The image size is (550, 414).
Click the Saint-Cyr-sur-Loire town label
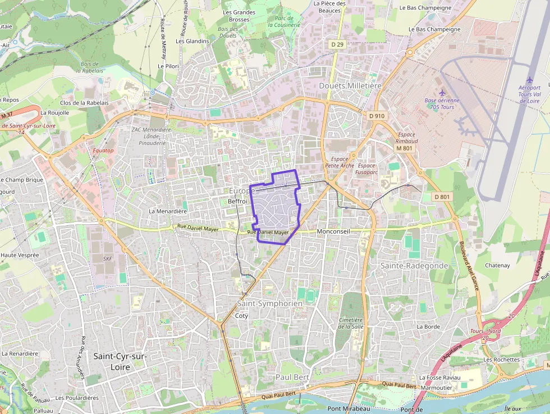pyautogui.click(x=120, y=361)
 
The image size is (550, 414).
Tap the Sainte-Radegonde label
pyautogui.click(x=414, y=265)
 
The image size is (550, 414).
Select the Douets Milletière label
pyautogui.click(x=350, y=85)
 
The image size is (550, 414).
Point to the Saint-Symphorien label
pyautogui.click(x=270, y=303)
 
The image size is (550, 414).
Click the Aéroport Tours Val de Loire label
pyautogui.click(x=529, y=94)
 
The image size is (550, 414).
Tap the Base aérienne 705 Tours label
pyautogui.click(x=442, y=103)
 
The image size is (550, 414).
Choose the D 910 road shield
pyautogui.click(x=377, y=116)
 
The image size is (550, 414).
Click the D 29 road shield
pyautogui.click(x=337, y=44)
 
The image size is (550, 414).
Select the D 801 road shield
pyautogui.click(x=442, y=197)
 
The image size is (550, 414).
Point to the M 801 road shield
pyautogui.click(x=404, y=148)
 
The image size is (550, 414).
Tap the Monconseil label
pyautogui.click(x=333, y=231)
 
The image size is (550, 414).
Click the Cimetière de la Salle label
pyautogui.click(x=351, y=323)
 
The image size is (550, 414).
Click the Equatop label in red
pyautogui.click(x=103, y=151)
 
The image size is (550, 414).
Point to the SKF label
pyautogui.click(x=108, y=259)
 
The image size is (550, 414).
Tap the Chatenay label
pyautogui.click(x=497, y=265)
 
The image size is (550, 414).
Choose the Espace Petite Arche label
pyautogui.click(x=340, y=162)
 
